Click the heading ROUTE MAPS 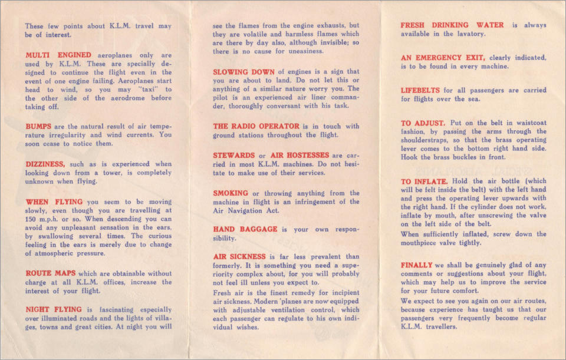[x=50, y=273]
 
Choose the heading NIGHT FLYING [x=54, y=309]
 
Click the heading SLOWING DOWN [x=243, y=72]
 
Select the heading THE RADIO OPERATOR [x=256, y=126]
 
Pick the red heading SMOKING [x=231, y=193]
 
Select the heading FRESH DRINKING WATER [x=452, y=25]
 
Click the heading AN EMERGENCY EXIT [x=443, y=58]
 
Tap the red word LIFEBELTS [x=420, y=91]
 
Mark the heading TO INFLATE [x=424, y=181]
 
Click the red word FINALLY [x=416, y=265]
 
